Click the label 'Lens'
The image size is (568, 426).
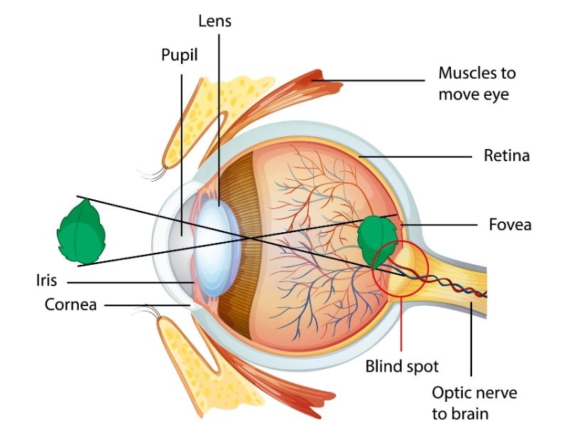coord(215,21)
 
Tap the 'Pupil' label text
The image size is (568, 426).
coord(179,55)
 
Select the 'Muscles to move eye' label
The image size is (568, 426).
coord(476,83)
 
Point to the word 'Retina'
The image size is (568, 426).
coord(506,155)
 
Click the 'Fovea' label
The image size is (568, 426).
coord(510,225)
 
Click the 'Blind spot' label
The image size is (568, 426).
coord(402,366)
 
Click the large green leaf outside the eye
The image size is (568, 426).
coord(82,231)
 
